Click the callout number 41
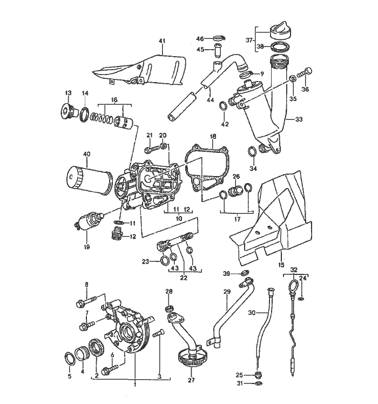(x=162, y=41)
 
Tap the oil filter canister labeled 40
(x=90, y=179)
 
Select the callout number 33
(x=299, y=119)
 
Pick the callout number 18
(x=213, y=136)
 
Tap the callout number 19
(x=86, y=247)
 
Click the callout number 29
(x=227, y=292)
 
